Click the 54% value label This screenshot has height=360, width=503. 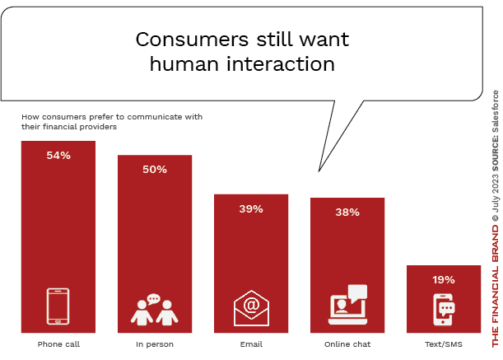coord(58,156)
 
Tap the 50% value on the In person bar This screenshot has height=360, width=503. coord(155,170)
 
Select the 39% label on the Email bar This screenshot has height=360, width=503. coord(251,209)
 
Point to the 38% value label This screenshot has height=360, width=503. coord(347,213)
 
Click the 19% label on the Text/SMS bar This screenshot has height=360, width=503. coord(444,279)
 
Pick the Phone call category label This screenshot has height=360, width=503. coord(58,343)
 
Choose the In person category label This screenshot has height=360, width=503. coord(155,343)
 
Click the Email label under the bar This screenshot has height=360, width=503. coord(251,343)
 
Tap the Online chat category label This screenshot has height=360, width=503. coord(347,343)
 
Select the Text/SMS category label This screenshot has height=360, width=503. coord(444,343)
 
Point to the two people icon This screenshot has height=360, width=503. coord(154,310)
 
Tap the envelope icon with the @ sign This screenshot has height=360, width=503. coord(251,309)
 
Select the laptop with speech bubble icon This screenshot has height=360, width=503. coord(347,305)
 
